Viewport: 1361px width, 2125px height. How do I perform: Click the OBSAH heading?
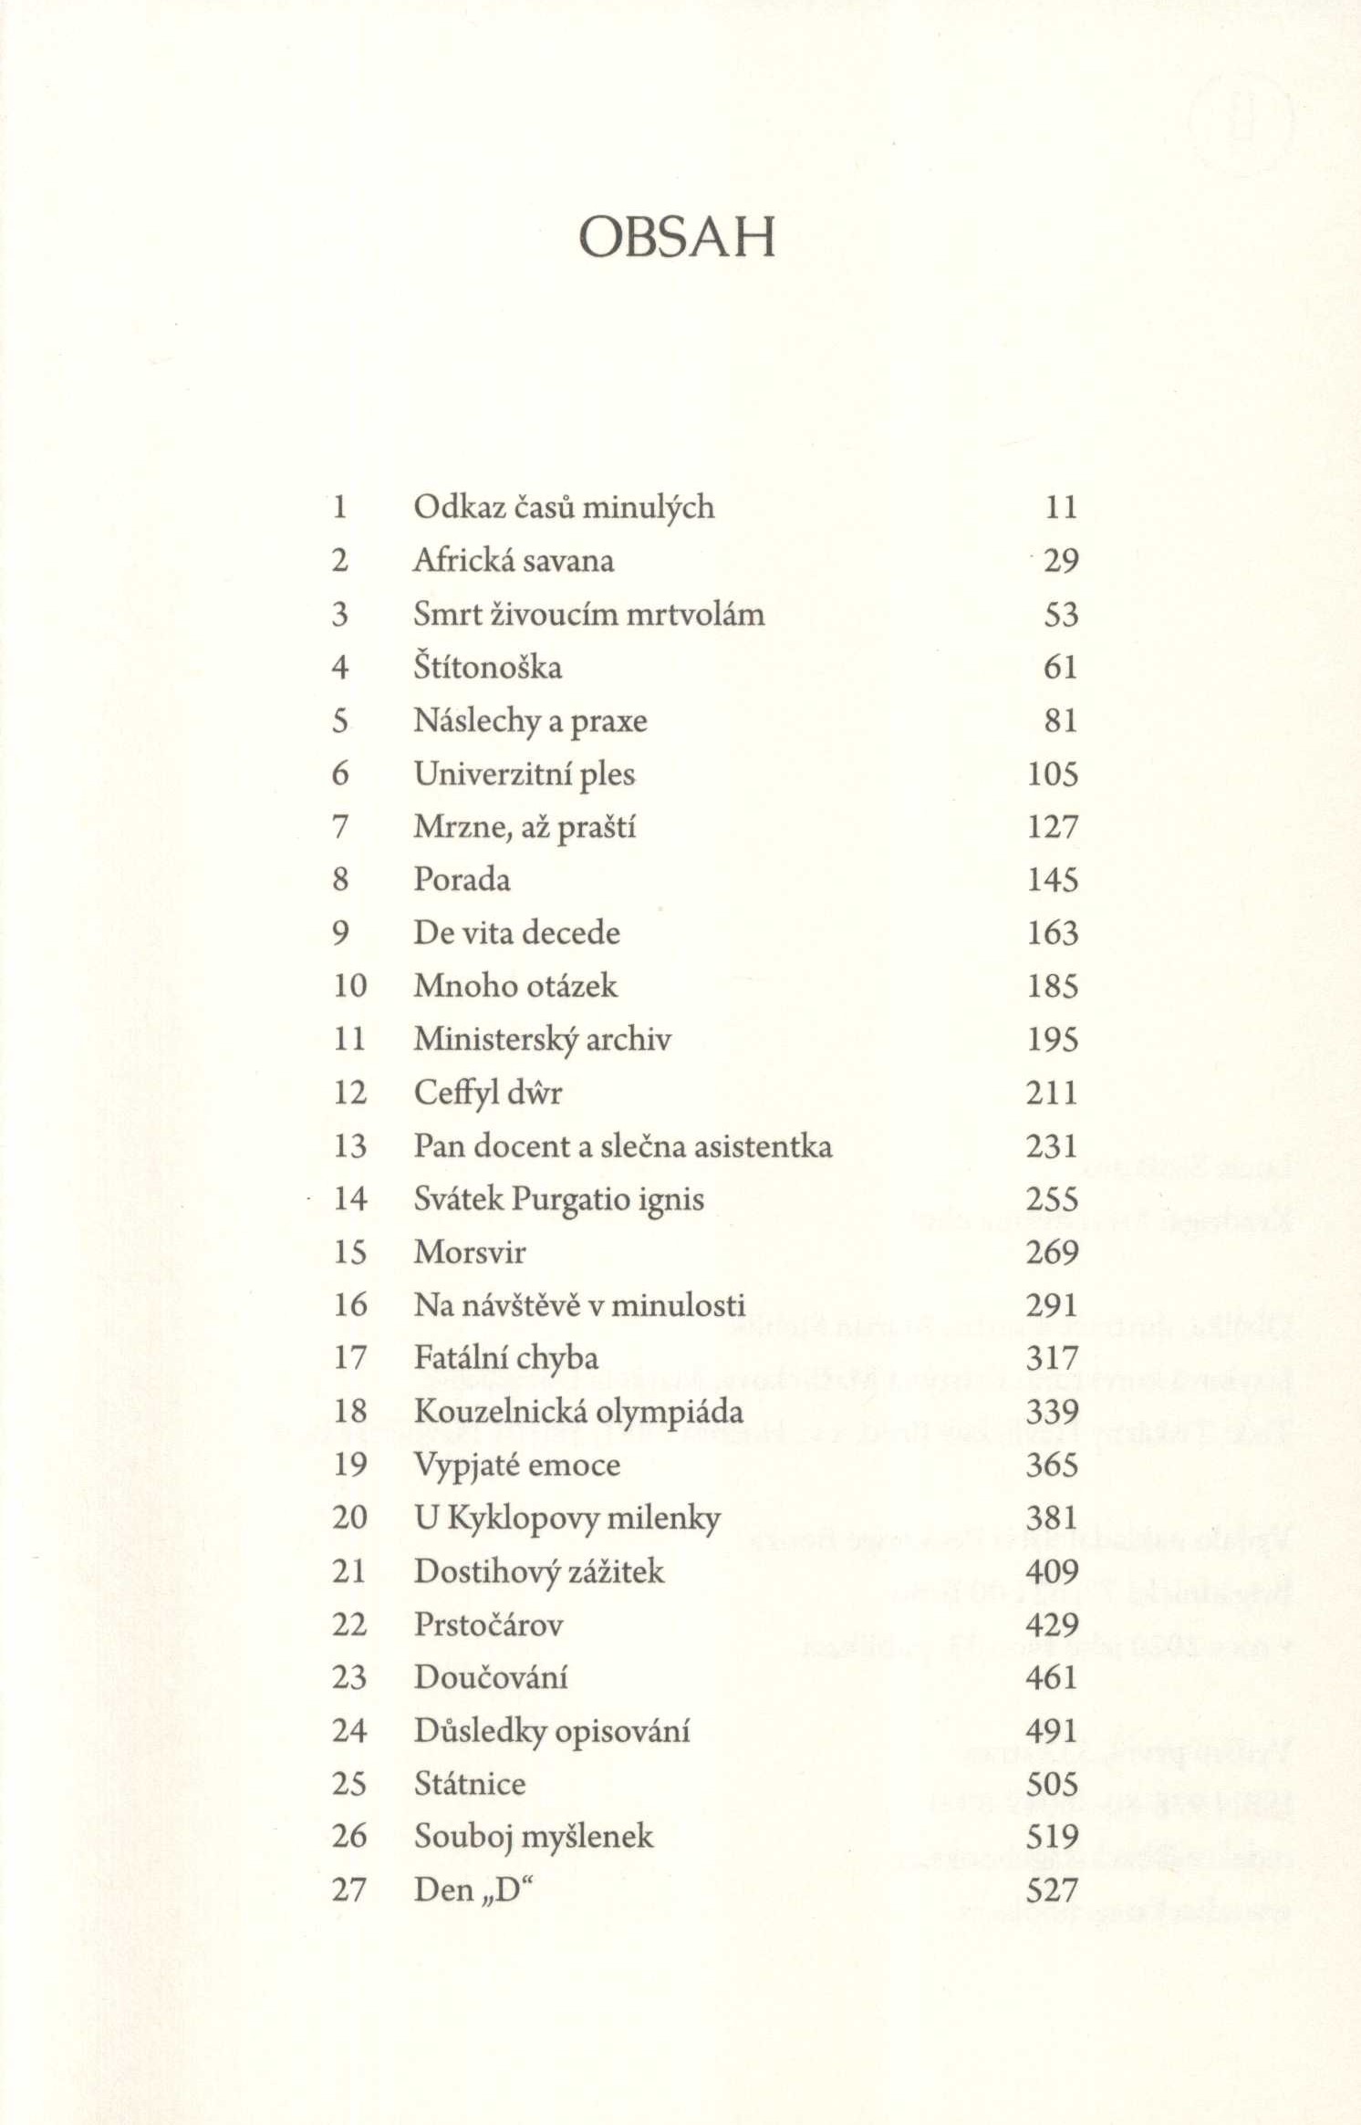tap(677, 237)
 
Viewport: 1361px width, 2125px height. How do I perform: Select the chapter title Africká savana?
tap(514, 560)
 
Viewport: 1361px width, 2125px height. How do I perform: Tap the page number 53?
tap(1061, 614)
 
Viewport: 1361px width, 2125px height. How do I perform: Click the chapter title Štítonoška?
tap(488, 668)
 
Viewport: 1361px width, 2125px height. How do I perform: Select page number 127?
tap(1053, 826)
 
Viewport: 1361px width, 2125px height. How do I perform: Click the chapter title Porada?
tap(462, 879)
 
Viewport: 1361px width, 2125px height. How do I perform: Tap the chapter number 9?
tap(340, 933)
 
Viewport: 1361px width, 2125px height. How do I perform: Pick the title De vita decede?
tap(516, 933)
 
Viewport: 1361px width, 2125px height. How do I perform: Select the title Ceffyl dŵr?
tap(488, 1092)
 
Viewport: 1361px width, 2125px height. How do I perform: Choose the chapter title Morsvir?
tap(470, 1252)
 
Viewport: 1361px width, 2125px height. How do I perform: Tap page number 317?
tap(1053, 1358)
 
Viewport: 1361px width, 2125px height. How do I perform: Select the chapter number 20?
tap(349, 1518)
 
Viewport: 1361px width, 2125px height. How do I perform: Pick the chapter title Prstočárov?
tap(488, 1624)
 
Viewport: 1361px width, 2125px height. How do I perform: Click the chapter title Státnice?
tap(470, 1784)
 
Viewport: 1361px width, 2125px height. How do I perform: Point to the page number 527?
tap(1053, 1891)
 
